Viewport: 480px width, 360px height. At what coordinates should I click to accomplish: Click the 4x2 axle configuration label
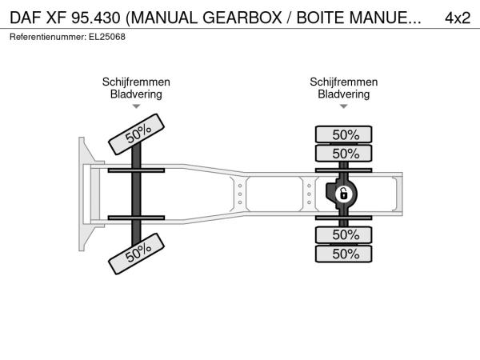[458, 18]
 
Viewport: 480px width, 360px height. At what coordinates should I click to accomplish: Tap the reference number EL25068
[107, 37]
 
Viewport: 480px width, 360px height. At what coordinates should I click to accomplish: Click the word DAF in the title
[26, 18]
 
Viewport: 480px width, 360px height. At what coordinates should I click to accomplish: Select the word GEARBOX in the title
[242, 18]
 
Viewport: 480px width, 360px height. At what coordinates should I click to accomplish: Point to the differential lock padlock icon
[344, 194]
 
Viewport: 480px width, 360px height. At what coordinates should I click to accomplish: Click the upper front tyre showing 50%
[136, 134]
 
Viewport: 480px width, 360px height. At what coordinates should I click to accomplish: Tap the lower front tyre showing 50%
[136, 254]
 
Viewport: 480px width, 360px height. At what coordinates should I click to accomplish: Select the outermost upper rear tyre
[343, 134]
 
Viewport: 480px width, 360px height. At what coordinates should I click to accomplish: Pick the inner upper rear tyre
[343, 153]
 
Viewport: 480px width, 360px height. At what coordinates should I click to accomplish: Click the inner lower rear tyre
[343, 235]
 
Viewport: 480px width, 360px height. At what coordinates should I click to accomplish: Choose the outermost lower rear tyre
[343, 254]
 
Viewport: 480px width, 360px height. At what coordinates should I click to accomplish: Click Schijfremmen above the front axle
[136, 82]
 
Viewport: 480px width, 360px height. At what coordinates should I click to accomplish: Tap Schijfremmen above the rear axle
[344, 82]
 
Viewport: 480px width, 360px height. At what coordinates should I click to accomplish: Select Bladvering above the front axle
[136, 94]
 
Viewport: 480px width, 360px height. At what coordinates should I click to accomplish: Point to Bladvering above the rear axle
[344, 94]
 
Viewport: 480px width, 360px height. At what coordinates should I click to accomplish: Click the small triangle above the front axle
[136, 106]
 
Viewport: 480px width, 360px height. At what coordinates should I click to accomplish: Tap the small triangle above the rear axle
[344, 106]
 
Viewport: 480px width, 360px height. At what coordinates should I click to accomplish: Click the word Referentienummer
[47, 37]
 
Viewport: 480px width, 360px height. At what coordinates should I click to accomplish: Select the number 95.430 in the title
[95, 18]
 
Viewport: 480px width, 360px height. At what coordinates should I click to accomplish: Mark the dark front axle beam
[136, 194]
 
